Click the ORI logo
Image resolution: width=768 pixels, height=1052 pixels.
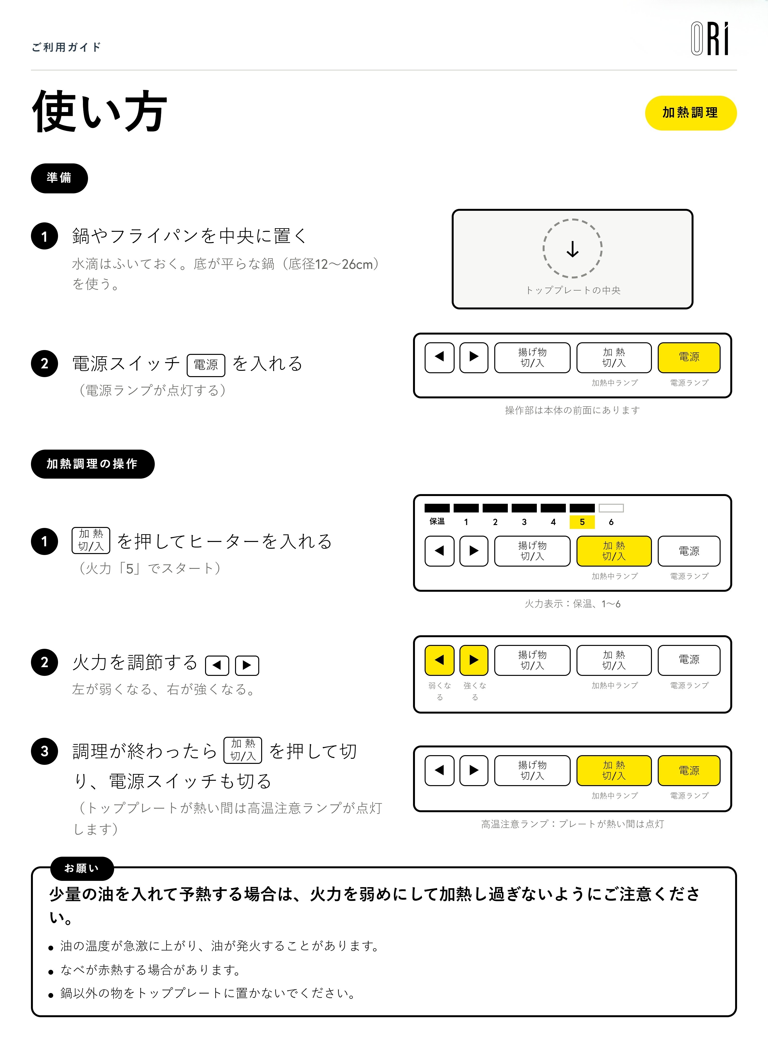[x=710, y=39]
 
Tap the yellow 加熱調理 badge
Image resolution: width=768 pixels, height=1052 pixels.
[x=690, y=113]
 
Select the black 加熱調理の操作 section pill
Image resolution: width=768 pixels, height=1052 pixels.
[x=93, y=464]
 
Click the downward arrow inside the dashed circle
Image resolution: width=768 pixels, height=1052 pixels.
[x=573, y=249]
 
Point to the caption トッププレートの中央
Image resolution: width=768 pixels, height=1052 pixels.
[x=573, y=290]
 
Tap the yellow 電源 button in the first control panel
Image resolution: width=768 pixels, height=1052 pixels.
[x=689, y=357]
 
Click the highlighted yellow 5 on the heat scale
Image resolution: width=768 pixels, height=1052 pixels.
[x=582, y=522]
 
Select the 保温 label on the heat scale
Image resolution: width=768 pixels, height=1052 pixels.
[x=437, y=521]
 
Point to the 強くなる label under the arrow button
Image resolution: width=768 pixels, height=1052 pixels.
[x=475, y=691]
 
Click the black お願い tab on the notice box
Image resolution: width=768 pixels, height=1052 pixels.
[x=82, y=869]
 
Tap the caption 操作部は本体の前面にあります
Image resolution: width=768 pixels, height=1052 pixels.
[x=573, y=410]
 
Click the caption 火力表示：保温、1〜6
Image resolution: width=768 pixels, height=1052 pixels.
[x=573, y=604]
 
